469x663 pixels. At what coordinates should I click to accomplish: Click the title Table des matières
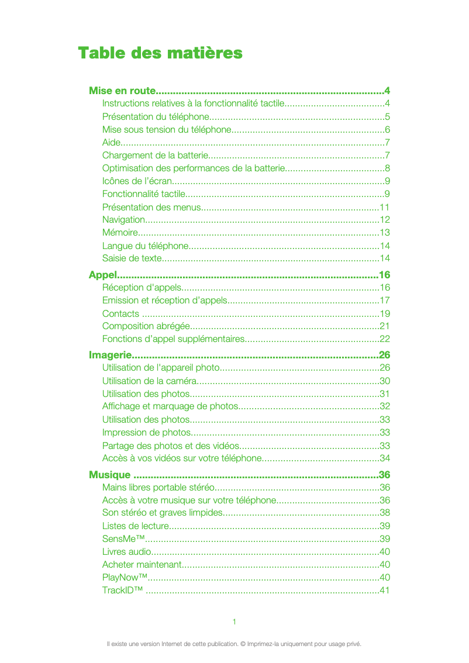click(x=160, y=53)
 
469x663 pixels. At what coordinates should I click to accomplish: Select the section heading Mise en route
click(x=122, y=91)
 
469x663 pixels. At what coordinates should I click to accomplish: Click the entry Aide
click(x=112, y=142)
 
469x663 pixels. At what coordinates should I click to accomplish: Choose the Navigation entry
click(x=123, y=220)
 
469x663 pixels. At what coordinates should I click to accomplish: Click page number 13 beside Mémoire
click(x=385, y=233)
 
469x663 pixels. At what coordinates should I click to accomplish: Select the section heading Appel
click(x=102, y=275)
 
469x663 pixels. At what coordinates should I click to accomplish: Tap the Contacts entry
click(x=120, y=313)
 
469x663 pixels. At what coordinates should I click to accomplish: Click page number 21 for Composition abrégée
click(x=385, y=326)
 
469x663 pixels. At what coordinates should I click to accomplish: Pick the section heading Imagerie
click(x=109, y=355)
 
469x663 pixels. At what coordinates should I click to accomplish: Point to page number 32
click(x=385, y=406)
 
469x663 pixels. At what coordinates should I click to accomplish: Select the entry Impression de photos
click(x=146, y=433)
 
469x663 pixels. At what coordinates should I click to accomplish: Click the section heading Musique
click(x=109, y=474)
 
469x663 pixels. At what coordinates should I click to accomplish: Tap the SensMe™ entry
click(x=123, y=539)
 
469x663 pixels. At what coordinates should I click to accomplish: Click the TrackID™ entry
click(x=122, y=591)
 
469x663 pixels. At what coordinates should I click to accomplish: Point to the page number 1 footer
click(x=235, y=621)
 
